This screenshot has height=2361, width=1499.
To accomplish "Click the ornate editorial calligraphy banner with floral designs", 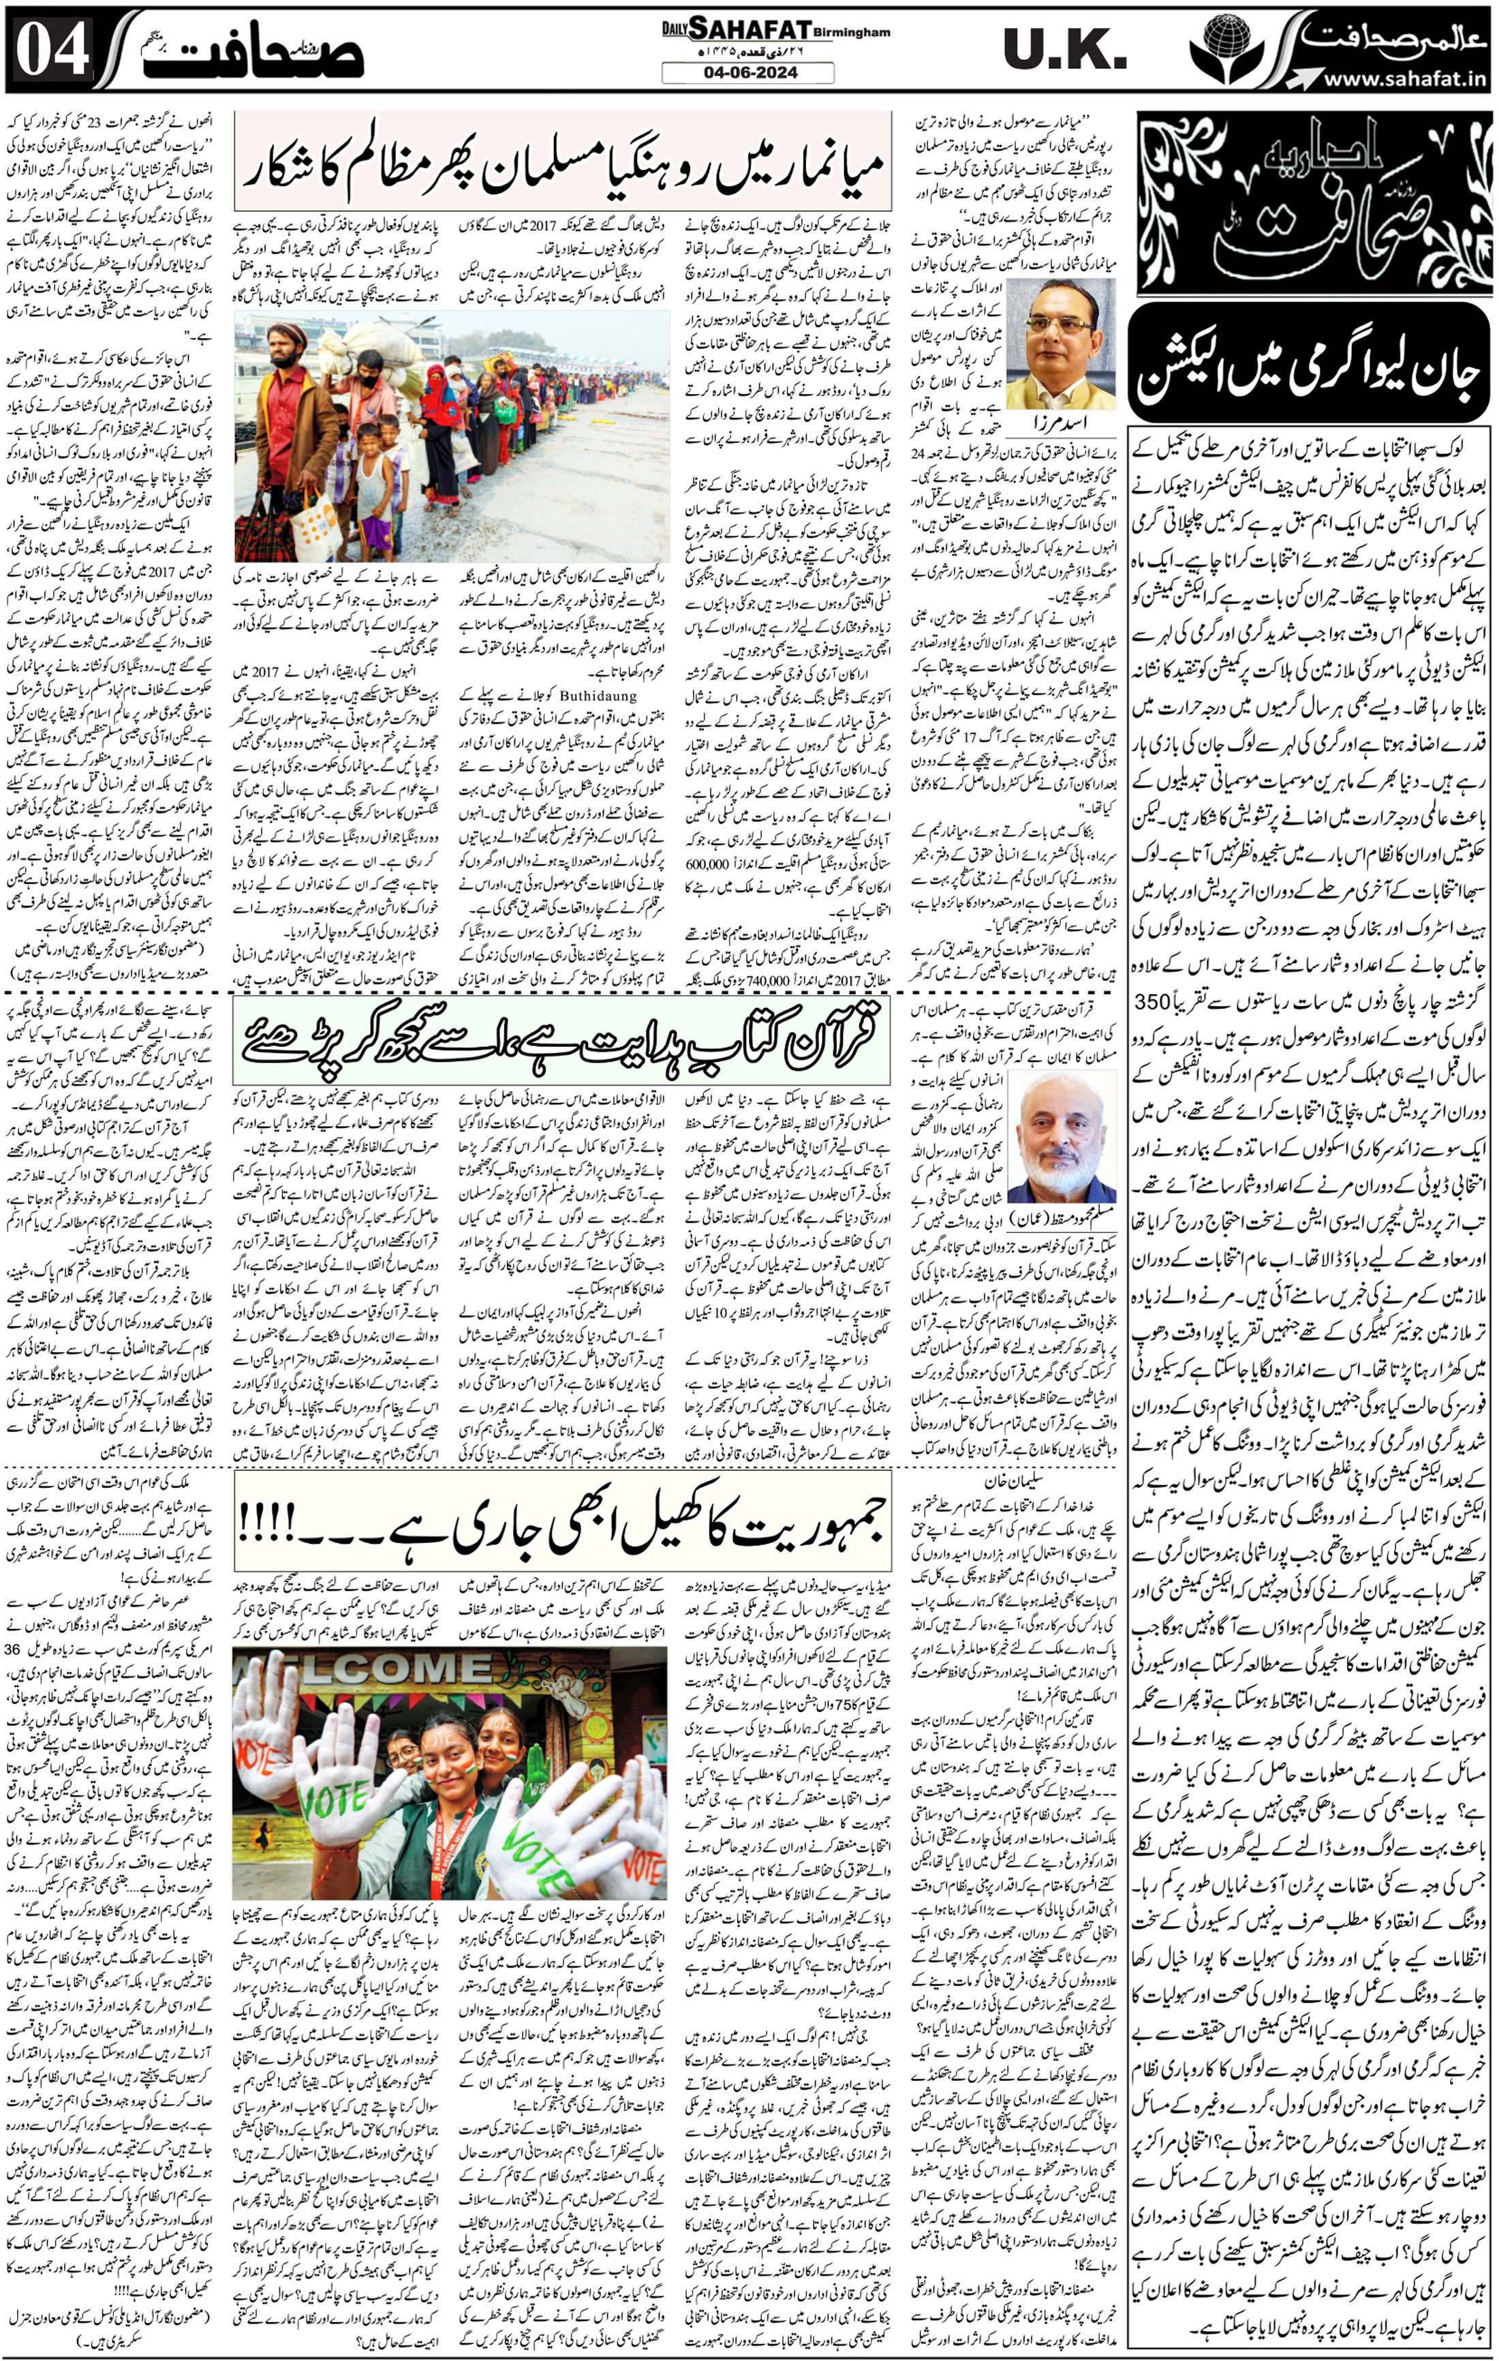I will coord(1310,203).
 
